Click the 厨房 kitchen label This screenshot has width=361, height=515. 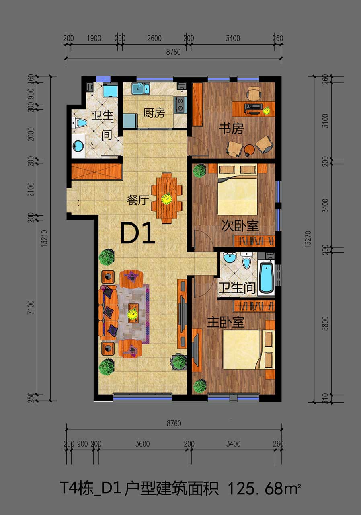(x=154, y=113)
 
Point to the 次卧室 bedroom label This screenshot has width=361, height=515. (x=240, y=226)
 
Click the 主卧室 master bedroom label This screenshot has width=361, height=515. (x=226, y=322)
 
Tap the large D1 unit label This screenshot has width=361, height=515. (x=137, y=233)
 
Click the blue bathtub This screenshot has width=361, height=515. (x=267, y=278)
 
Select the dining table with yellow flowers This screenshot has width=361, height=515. (x=167, y=198)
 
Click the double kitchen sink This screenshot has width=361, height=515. (x=141, y=89)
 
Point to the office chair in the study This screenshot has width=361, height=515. (x=254, y=93)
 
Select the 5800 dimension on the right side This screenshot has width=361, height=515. (x=325, y=323)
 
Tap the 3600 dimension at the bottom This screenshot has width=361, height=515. (x=142, y=443)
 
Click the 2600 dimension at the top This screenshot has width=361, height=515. (x=154, y=38)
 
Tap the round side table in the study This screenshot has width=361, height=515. (x=249, y=150)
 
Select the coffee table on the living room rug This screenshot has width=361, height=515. (x=132, y=313)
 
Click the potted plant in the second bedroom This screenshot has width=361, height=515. (x=199, y=171)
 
